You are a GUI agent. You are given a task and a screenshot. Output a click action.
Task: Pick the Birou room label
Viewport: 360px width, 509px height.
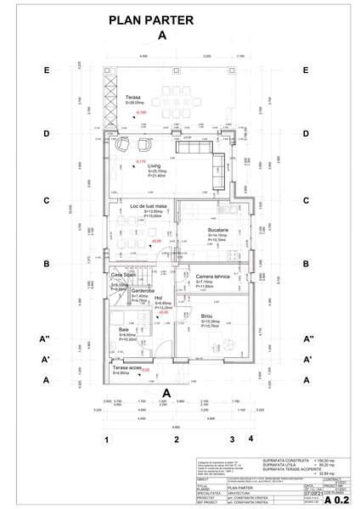click(205, 316)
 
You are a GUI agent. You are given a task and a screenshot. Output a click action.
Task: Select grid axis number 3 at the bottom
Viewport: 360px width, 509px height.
click(231, 439)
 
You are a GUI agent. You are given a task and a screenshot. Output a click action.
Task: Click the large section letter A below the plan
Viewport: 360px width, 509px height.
click(167, 391)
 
